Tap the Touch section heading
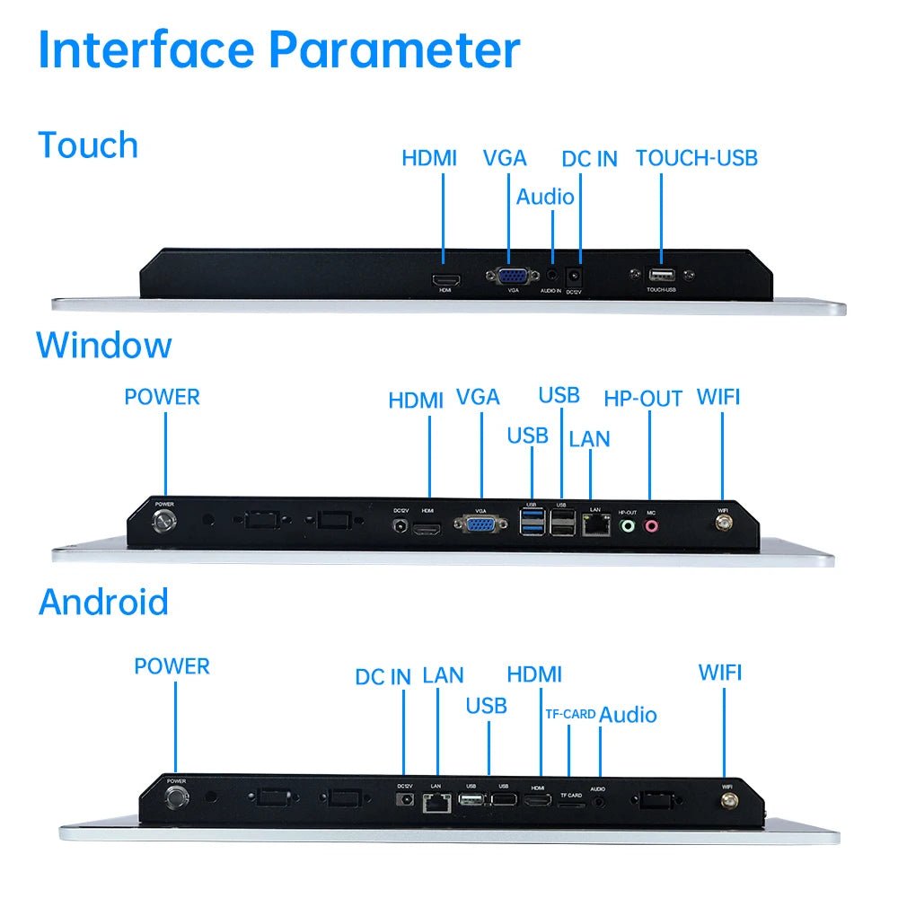pyautogui.click(x=88, y=145)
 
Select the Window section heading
pyautogui.click(x=104, y=345)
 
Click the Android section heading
pyautogui.click(x=103, y=602)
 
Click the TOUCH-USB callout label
pyautogui.click(x=696, y=158)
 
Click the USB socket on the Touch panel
pyautogui.click(x=661, y=275)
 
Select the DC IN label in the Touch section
pyautogui.click(x=589, y=159)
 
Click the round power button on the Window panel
pyautogui.click(x=165, y=522)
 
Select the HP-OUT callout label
pyautogui.click(x=643, y=399)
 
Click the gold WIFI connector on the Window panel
pyautogui.click(x=722, y=526)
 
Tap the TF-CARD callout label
pyautogui.click(x=570, y=715)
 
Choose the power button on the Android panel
pyautogui.click(x=176, y=797)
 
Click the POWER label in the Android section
pyautogui.click(x=172, y=666)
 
